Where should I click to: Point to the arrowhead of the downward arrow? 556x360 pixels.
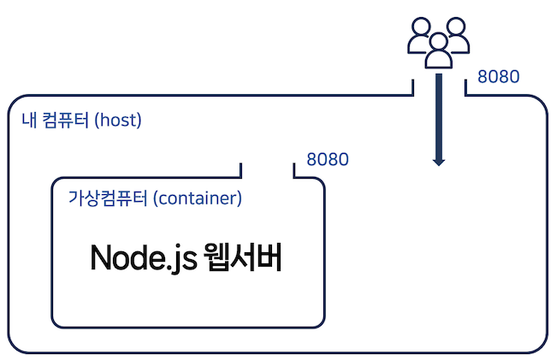click(439, 160)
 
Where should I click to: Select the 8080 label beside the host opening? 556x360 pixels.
click(498, 77)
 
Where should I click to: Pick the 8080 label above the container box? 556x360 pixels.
click(328, 160)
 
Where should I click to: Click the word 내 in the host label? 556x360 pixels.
click(27, 120)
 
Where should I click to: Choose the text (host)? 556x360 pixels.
click(118, 120)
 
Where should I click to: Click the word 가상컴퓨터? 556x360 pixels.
click(108, 199)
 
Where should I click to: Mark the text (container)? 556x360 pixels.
click(198, 199)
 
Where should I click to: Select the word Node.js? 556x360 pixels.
click(143, 258)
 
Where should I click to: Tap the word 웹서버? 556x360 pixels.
click(245, 258)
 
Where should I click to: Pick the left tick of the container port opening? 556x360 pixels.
click(242, 170)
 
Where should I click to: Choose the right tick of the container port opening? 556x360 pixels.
click(294, 170)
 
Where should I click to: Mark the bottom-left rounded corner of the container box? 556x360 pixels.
click(59, 321)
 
